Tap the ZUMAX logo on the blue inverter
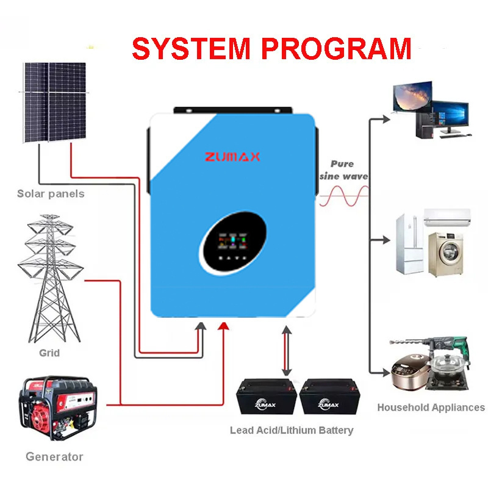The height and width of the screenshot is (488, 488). (x=232, y=157)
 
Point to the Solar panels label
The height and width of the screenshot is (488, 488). (x=51, y=194)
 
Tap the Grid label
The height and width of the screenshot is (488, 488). (x=49, y=353)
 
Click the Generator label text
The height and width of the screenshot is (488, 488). (x=54, y=456)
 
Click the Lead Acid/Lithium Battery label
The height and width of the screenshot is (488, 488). (x=291, y=430)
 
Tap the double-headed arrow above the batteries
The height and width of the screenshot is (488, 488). (x=285, y=351)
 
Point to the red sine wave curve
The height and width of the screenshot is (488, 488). (x=345, y=195)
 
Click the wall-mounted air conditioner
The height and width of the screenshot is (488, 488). (x=448, y=217)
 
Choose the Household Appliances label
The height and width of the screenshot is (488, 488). (x=431, y=407)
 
